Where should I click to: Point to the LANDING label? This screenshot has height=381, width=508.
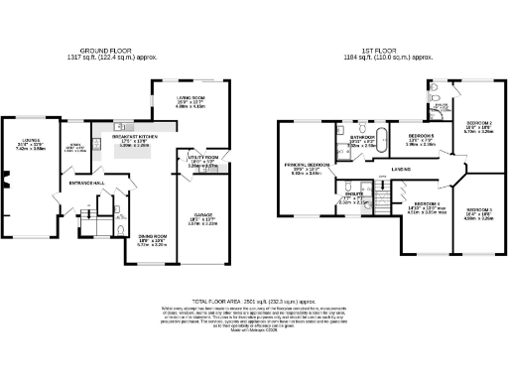(402, 170)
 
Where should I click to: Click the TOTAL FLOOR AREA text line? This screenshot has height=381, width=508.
(253, 300)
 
